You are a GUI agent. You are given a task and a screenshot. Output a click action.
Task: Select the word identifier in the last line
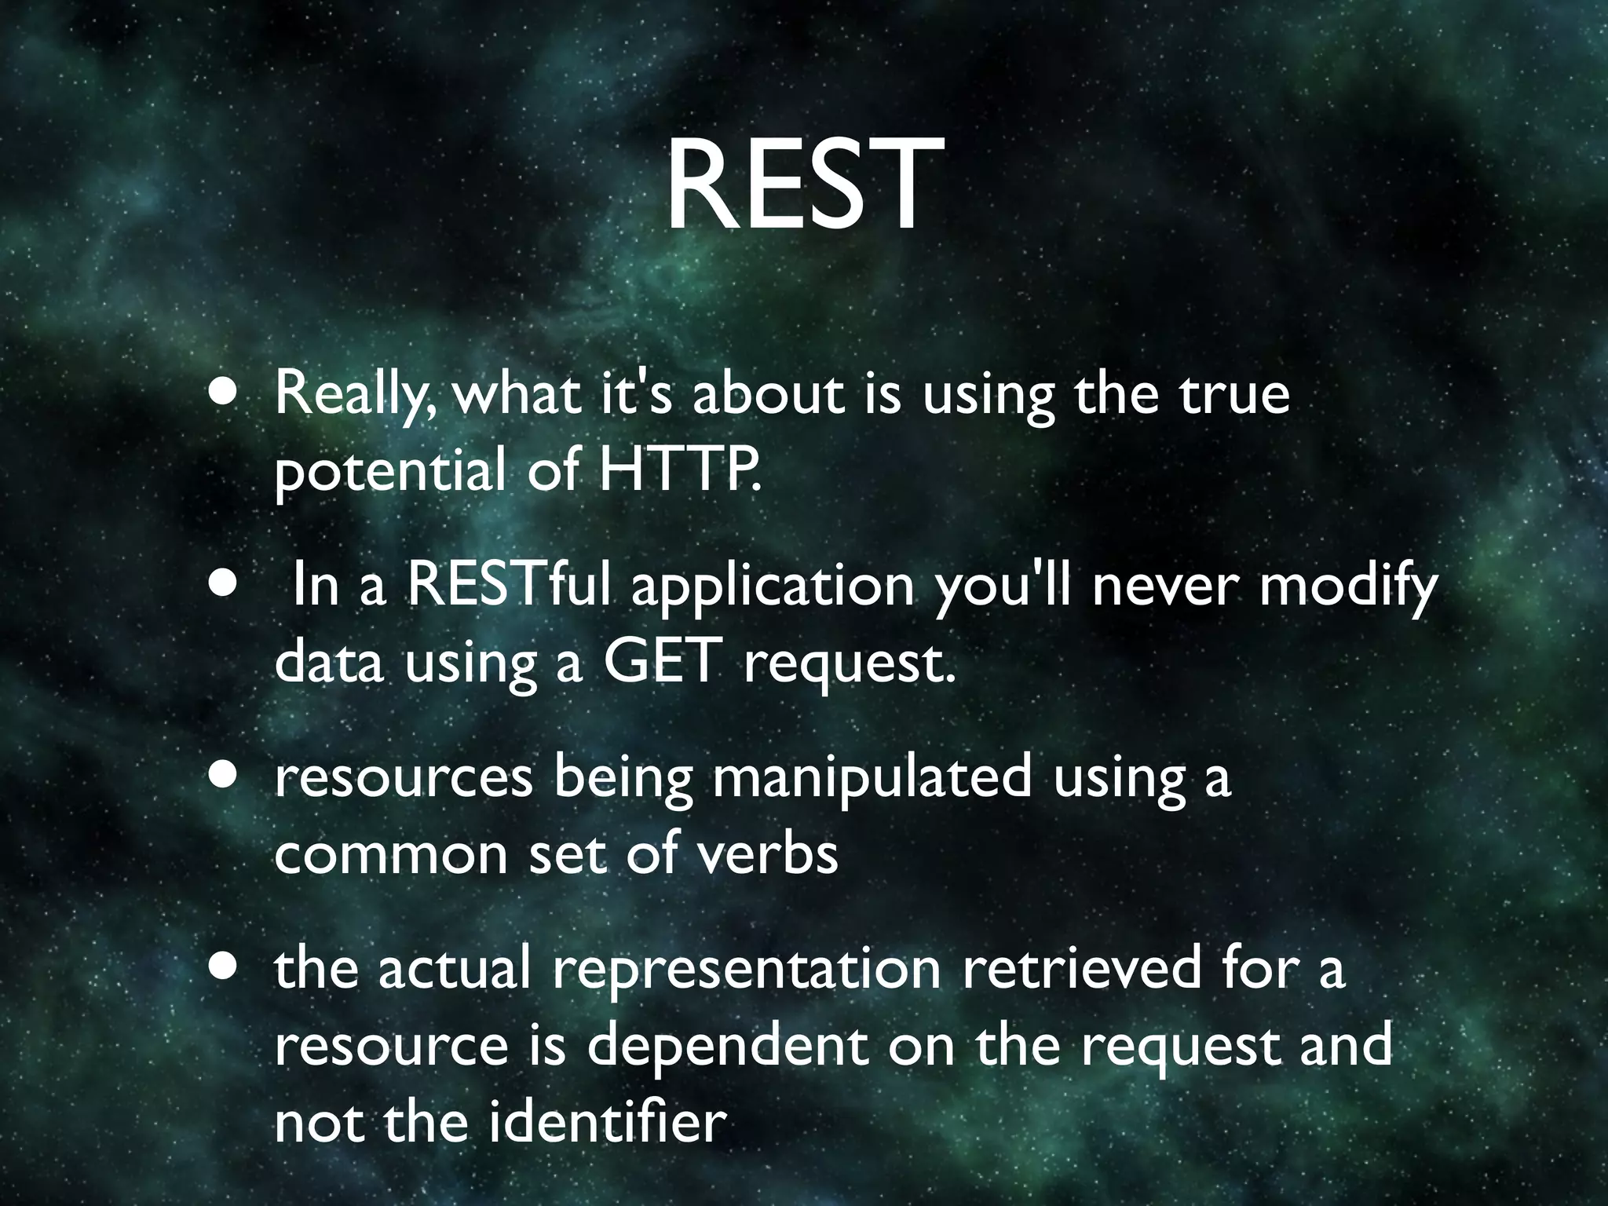coord(606,1122)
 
